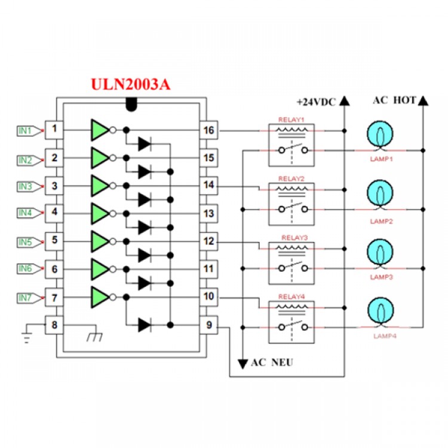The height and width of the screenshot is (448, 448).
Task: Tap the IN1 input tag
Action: [x=25, y=130]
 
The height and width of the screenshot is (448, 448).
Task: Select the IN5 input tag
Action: [x=25, y=242]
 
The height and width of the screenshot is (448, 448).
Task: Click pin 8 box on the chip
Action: [x=54, y=326]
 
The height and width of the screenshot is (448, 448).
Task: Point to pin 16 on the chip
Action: [x=208, y=130]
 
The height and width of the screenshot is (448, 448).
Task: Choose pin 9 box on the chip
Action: [x=208, y=326]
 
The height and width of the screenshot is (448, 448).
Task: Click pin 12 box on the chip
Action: [x=208, y=241]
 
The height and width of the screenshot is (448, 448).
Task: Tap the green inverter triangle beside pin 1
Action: [x=100, y=129]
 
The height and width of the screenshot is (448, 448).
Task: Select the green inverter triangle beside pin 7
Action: [x=100, y=297]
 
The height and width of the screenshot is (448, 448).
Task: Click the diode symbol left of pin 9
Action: [x=144, y=325]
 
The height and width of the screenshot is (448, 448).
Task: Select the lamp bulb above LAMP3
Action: [x=380, y=253]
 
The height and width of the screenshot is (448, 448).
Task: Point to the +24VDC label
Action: [x=317, y=102]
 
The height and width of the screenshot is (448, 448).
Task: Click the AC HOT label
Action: [x=394, y=100]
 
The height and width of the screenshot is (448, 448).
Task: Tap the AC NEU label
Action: [x=272, y=363]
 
